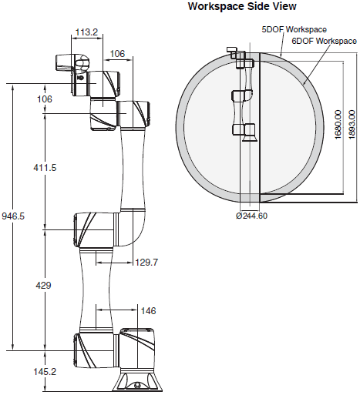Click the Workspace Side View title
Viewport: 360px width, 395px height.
[242, 6]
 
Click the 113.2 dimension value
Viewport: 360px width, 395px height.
[86, 32]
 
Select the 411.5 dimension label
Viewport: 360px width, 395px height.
[45, 168]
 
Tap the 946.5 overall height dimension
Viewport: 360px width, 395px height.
[13, 216]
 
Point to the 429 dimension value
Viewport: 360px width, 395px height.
[43, 285]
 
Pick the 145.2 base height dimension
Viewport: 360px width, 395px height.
[45, 371]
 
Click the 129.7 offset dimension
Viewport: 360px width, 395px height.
[146, 263]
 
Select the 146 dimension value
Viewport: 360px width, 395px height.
[148, 311]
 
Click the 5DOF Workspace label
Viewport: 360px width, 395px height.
[294, 29]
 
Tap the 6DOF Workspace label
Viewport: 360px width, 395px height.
[324, 41]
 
